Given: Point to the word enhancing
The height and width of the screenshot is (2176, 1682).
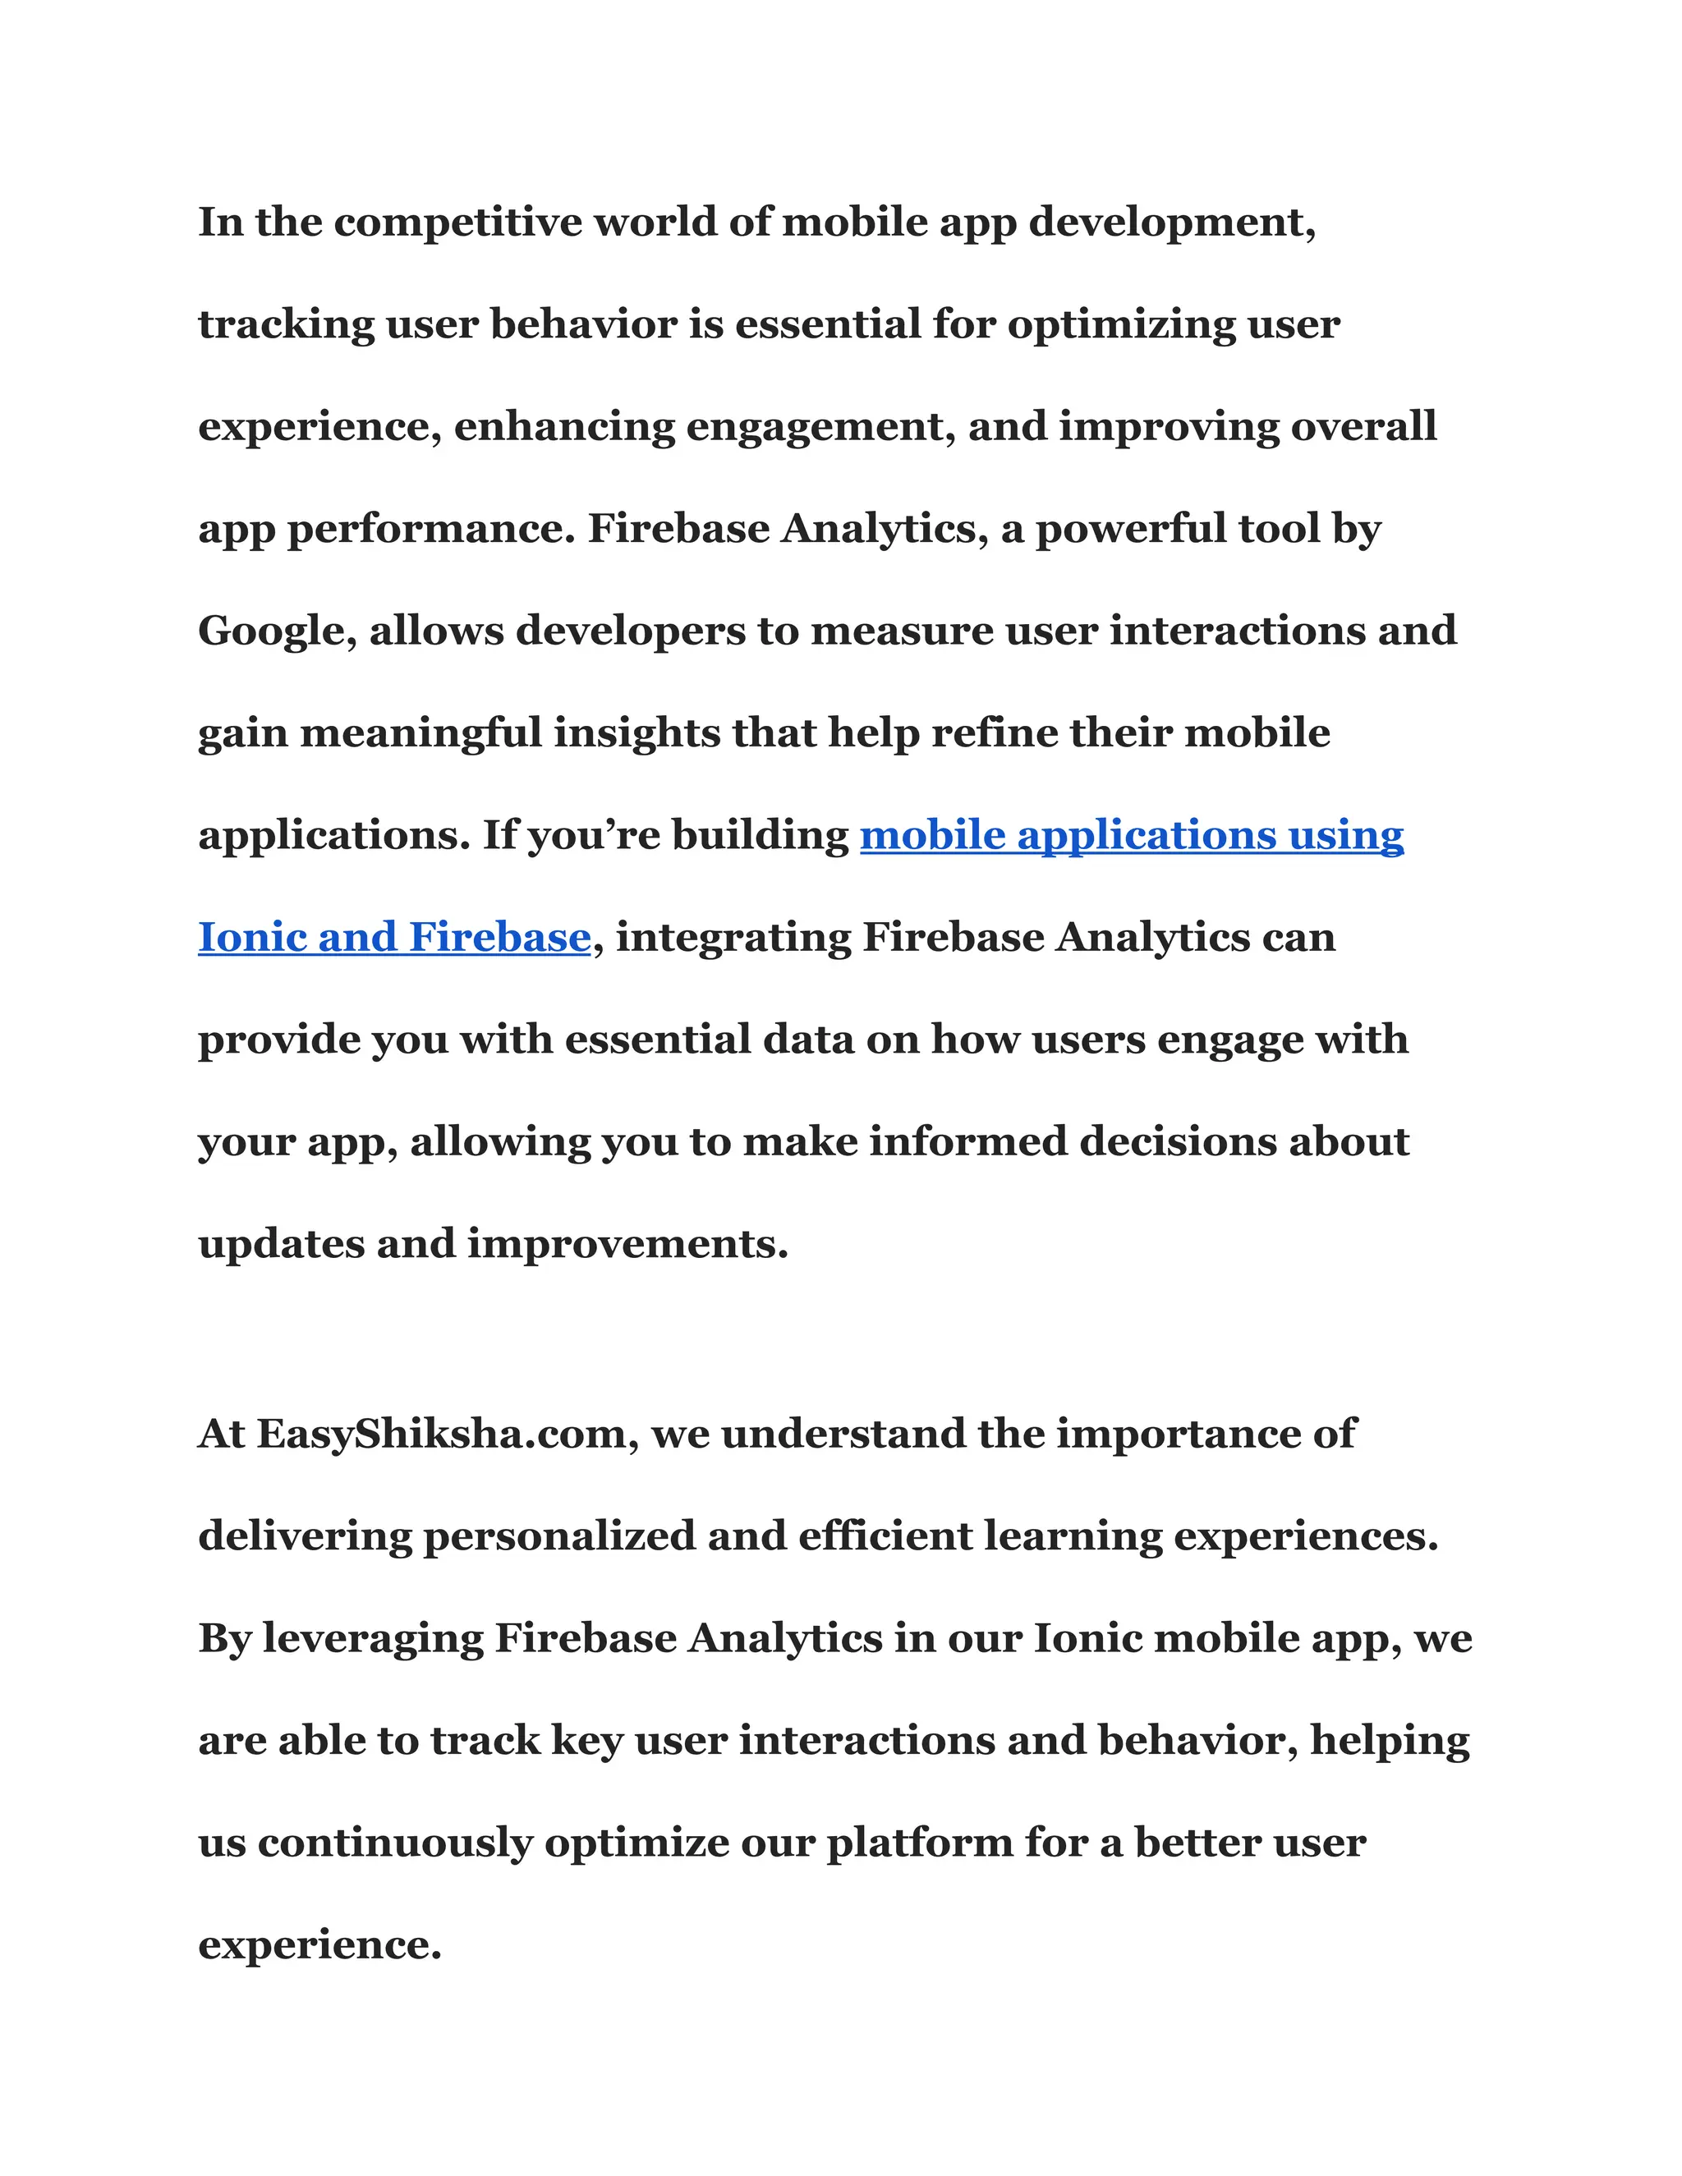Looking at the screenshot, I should pos(564,426).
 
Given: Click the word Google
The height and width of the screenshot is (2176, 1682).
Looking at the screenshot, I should pos(277,631).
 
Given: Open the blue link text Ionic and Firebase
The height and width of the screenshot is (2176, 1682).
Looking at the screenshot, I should pos(394,938).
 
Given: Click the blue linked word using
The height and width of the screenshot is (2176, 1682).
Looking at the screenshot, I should pos(1346,835).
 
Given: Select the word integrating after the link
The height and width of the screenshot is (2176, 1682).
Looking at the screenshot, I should pos(733,938).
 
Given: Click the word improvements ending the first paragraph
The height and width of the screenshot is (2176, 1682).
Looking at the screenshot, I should pos(627,1244).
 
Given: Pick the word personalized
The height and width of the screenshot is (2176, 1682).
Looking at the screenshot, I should pos(560,1536).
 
